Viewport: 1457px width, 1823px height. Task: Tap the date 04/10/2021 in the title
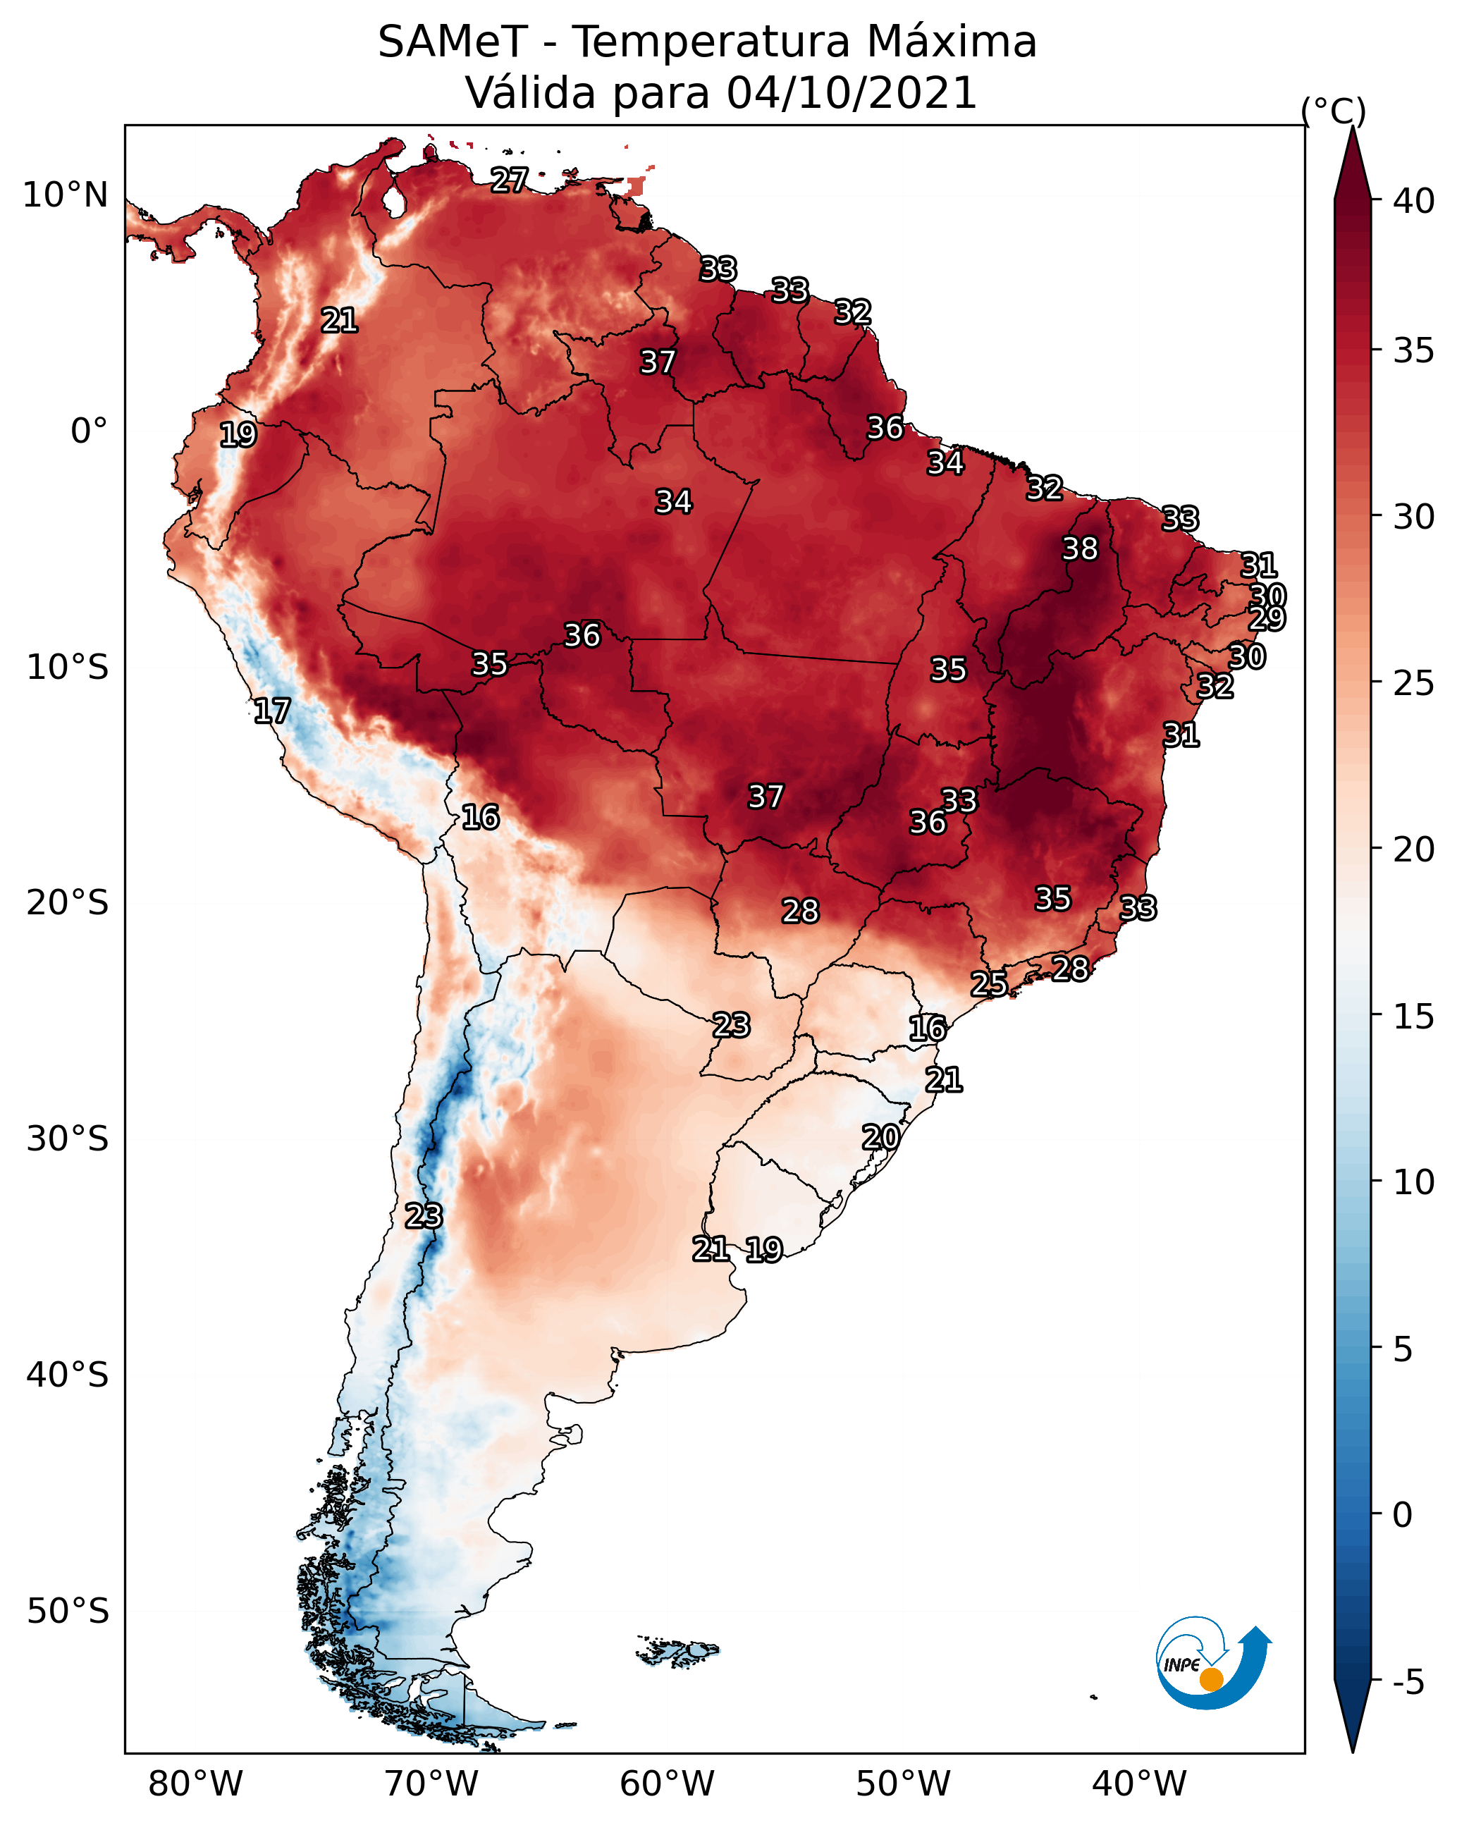pos(852,93)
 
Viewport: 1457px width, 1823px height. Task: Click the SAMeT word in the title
pos(453,42)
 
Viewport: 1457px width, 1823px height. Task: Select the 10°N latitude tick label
pos(65,195)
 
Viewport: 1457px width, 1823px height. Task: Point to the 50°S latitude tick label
pos(68,1611)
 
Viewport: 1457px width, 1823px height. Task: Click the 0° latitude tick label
pos(90,431)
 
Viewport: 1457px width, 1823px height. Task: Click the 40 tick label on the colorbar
pos(1414,201)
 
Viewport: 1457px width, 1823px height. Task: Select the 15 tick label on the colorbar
pos(1414,1016)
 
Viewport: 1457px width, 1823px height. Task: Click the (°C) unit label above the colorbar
pos(1334,111)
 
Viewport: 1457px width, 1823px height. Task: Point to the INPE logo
pos(1214,1662)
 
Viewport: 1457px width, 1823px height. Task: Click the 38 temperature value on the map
pos(1080,548)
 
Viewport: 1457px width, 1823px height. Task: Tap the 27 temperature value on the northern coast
pos(509,179)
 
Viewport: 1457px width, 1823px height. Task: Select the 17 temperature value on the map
pos(272,711)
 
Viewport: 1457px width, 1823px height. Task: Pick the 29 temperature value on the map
pos(1267,618)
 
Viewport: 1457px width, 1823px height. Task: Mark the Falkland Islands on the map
pos(677,1650)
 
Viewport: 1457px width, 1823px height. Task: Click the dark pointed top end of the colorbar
pos(1352,128)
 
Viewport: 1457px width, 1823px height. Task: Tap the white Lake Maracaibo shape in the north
pos(393,201)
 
